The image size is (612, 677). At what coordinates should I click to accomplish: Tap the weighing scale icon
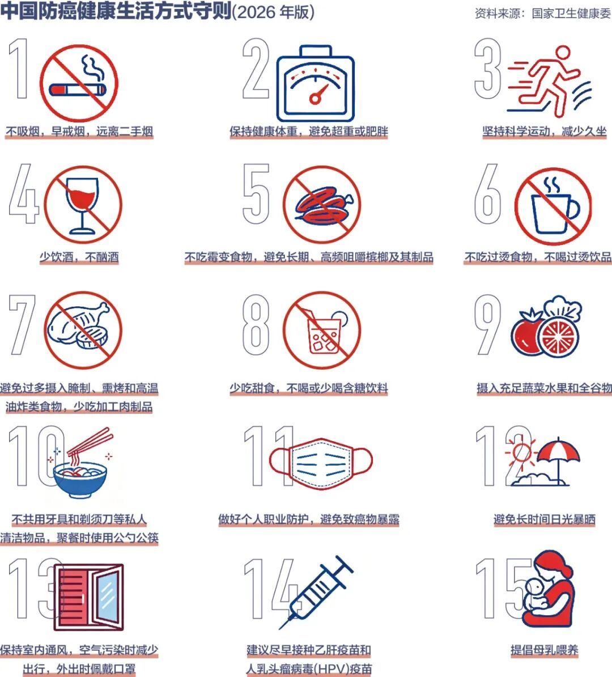[315, 83]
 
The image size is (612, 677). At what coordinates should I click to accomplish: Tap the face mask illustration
[321, 463]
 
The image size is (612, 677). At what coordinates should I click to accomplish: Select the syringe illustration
[316, 591]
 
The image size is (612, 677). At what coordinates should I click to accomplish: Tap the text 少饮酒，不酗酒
[79, 257]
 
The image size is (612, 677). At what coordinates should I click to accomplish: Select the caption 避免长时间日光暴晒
[544, 519]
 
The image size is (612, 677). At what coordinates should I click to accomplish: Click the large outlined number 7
[22, 325]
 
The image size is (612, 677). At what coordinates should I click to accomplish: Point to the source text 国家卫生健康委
[571, 14]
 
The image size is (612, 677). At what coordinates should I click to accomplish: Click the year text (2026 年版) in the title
[273, 12]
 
